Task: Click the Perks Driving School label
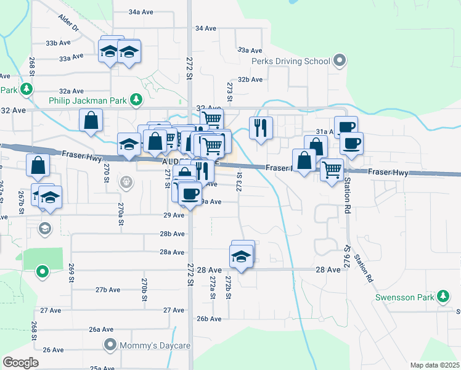coord(290,61)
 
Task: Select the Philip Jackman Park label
coord(89,100)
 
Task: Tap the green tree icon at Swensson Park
coord(443,297)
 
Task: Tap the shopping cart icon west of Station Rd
coord(332,169)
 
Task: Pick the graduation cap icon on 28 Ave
coord(242,257)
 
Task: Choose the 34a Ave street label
coord(141,12)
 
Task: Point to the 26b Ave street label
coord(208,319)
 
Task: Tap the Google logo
coord(21,363)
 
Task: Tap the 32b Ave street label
coord(250,79)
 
